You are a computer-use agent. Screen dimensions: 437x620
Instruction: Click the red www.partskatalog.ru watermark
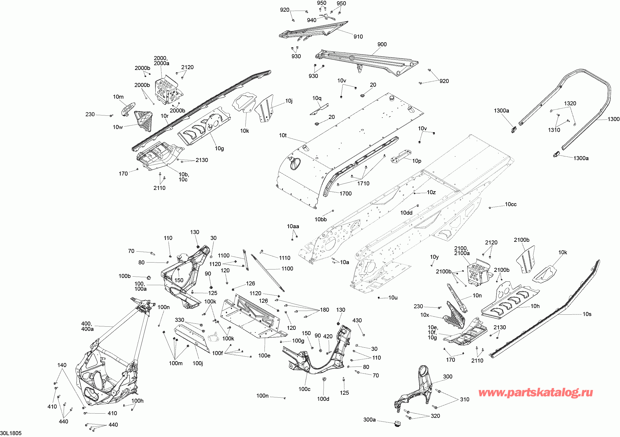(x=535, y=393)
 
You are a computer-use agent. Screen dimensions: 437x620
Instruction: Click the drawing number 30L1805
(x=11, y=433)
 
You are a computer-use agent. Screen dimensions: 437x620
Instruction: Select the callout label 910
(x=358, y=37)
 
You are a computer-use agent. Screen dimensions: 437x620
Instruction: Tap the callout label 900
(x=382, y=44)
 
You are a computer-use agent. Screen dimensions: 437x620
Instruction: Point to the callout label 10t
(x=283, y=135)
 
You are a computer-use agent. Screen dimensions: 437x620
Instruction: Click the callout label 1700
(x=345, y=194)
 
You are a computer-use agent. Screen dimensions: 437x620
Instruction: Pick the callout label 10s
(x=587, y=314)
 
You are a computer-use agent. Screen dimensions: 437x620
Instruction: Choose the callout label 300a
(x=369, y=420)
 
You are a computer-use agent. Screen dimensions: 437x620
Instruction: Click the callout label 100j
(x=198, y=363)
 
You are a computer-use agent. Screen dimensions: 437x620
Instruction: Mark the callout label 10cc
(x=511, y=204)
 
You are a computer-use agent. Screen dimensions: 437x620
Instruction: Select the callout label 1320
(x=570, y=103)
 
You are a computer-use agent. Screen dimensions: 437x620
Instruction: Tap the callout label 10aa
(x=293, y=226)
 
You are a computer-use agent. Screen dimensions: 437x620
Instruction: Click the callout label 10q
(x=317, y=98)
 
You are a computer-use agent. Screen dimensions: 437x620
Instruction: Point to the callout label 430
(x=357, y=321)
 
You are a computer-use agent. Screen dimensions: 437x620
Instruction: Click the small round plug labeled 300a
(x=397, y=423)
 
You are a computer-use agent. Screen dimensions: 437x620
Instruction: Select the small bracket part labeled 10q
(x=320, y=109)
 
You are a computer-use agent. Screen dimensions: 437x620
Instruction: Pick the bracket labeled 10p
(x=401, y=156)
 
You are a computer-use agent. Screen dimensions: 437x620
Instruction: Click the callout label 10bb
(x=321, y=219)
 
